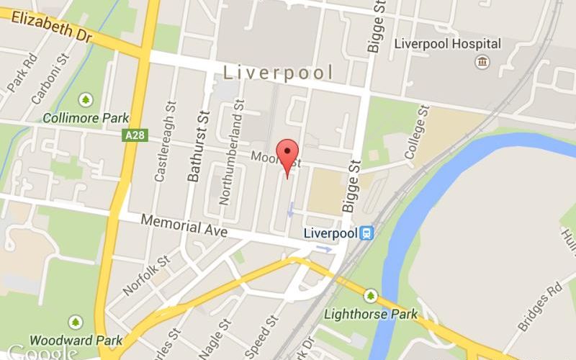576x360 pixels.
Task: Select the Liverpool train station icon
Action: [367, 233]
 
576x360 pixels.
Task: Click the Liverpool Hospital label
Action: [447, 44]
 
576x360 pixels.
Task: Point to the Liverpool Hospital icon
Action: [481, 62]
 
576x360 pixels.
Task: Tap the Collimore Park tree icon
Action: [86, 99]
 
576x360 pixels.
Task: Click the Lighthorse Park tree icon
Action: [371, 295]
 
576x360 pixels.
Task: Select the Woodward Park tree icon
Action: [76, 321]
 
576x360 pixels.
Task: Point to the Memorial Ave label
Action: [184, 226]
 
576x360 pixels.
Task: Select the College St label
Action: [415, 132]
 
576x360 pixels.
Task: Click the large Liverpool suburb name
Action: [278, 72]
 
